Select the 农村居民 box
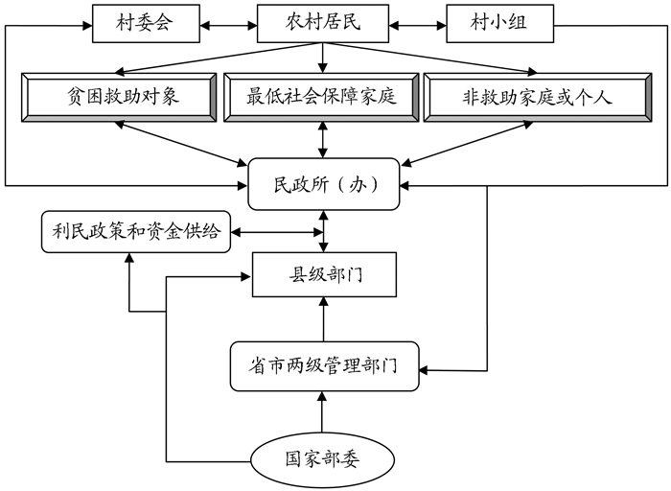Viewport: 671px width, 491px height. tap(322, 23)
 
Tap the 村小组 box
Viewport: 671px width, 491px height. tap(499, 23)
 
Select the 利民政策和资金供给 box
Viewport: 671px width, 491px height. tap(136, 231)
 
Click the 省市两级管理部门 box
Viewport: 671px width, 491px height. tap(324, 365)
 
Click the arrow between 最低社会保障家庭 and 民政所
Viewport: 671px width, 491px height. tap(322, 140)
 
